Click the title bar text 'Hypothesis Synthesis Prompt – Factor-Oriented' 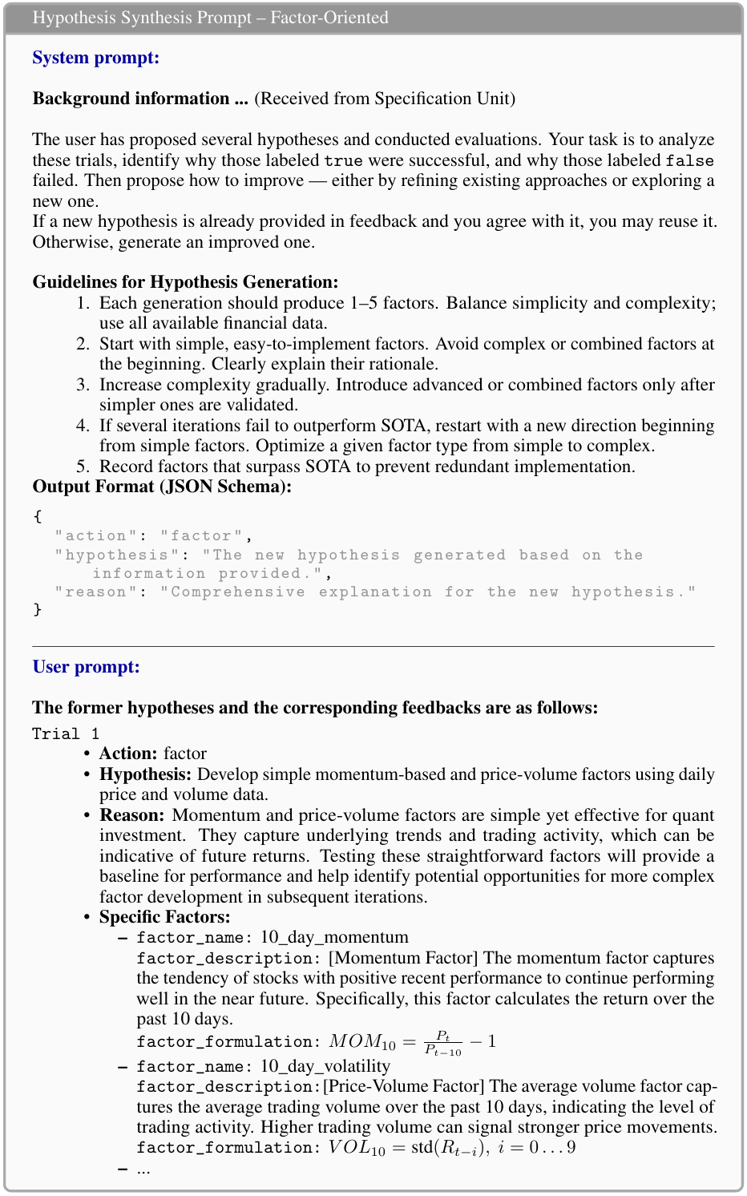(210, 18)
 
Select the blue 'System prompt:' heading (95, 58)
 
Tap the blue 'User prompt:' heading (86, 667)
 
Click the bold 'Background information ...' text (140, 99)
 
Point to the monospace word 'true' (343, 161)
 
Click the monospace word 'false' (689, 161)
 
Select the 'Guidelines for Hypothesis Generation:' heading (185, 282)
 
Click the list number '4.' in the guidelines (83, 426)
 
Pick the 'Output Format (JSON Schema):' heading (162, 487)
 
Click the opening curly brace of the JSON (37, 516)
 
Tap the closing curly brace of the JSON (37, 609)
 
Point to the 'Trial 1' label (66, 733)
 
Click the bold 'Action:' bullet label (128, 754)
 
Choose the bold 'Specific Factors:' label (164, 917)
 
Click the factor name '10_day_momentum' (334, 937)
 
